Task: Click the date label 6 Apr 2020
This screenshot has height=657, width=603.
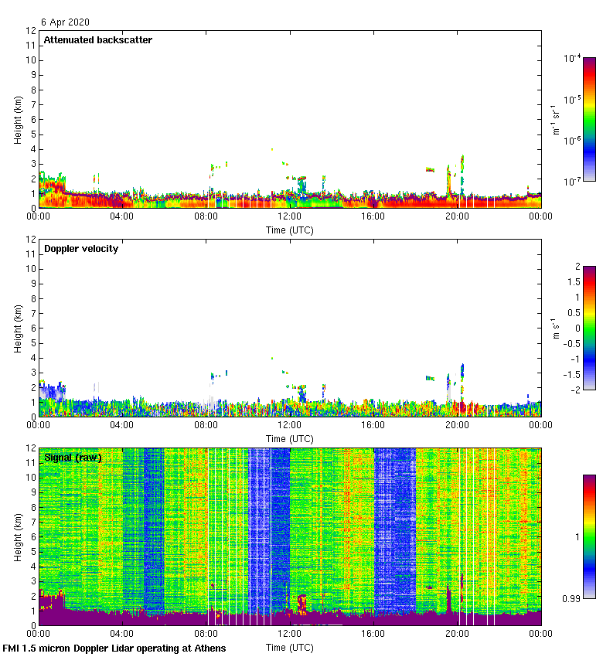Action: (66, 22)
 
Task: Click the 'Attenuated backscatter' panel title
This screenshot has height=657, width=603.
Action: (98, 39)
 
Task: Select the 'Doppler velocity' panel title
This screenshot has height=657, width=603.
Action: (81, 249)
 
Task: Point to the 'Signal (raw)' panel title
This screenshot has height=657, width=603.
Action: (73, 458)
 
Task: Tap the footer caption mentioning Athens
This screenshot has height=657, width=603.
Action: (114, 648)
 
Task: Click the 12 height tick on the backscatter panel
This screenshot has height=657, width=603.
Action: (31, 31)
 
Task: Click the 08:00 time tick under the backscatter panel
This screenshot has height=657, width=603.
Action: (206, 216)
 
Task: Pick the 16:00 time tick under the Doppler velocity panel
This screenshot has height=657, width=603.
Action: (373, 425)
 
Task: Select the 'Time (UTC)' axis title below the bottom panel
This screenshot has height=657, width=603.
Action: (289, 647)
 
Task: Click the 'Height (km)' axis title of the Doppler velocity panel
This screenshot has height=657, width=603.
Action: (18, 328)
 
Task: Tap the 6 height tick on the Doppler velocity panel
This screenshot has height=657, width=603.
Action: (32, 328)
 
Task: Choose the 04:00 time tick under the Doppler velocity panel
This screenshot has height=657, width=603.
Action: (122, 425)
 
